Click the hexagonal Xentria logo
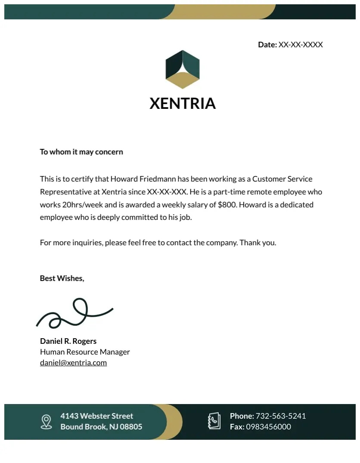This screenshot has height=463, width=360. pos(183,69)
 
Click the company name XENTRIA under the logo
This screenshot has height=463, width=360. pos(183,104)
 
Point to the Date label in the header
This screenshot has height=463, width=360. pos(267,45)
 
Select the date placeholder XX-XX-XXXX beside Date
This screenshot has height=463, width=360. pos(301,45)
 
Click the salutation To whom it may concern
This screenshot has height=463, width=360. pos(81,152)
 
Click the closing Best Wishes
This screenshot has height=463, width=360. pos(62,278)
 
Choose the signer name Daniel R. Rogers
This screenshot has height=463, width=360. pos(68,341)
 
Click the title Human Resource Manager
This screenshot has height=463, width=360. pos(85,352)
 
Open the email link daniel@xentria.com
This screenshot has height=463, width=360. pos(73,363)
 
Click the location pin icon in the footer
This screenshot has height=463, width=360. pos(46,422)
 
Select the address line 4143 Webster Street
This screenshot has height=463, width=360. pos(96,416)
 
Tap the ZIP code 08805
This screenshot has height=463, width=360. pos(131,427)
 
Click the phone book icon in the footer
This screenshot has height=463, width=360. pos(214,421)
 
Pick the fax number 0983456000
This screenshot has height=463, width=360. pos(268,427)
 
